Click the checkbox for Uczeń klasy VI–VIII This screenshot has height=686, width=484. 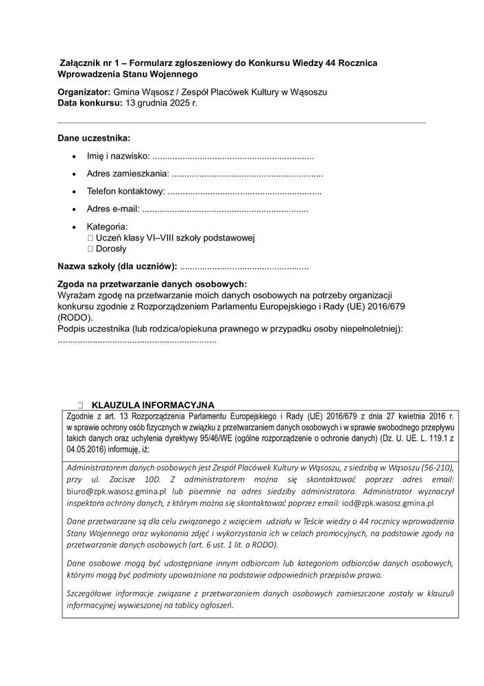(x=90, y=238)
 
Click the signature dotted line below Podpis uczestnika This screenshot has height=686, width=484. (x=137, y=340)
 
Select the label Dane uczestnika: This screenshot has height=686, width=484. (x=94, y=138)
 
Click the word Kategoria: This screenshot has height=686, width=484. (x=107, y=226)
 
